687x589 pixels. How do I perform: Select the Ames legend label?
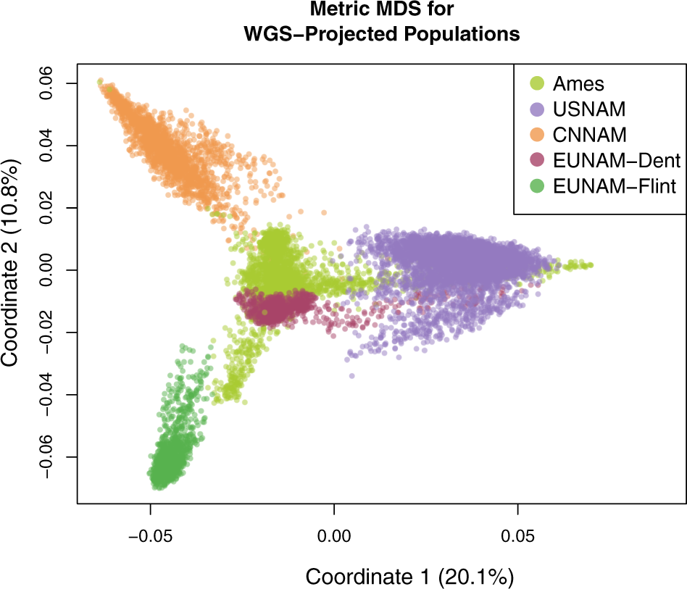coord(578,83)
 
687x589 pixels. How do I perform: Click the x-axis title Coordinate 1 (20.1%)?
coord(409,577)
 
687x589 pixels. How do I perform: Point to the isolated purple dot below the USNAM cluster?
coord(352,376)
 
